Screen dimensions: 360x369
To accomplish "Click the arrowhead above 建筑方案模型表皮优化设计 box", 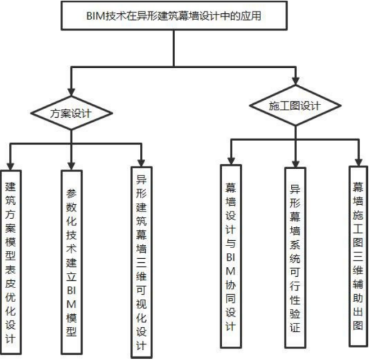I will [x=9, y=164].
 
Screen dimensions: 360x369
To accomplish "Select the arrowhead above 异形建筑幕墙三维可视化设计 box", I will [x=141, y=162].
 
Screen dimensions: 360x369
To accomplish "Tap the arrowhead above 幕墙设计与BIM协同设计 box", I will [x=230, y=161].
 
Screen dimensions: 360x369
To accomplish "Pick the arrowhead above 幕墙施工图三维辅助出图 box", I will [x=358, y=161].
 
